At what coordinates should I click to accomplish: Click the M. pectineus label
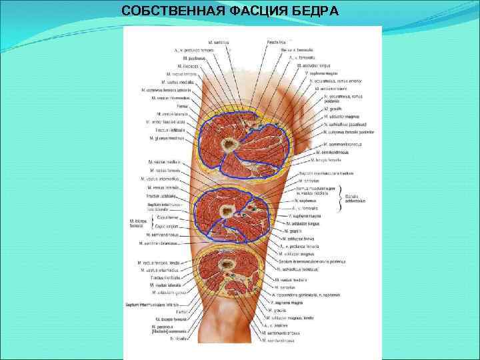(189, 59)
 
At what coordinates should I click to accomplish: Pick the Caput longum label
(167, 226)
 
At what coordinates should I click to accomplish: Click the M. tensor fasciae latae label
(171, 123)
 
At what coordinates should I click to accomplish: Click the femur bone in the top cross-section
(231, 143)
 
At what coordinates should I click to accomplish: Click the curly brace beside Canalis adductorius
(341, 197)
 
